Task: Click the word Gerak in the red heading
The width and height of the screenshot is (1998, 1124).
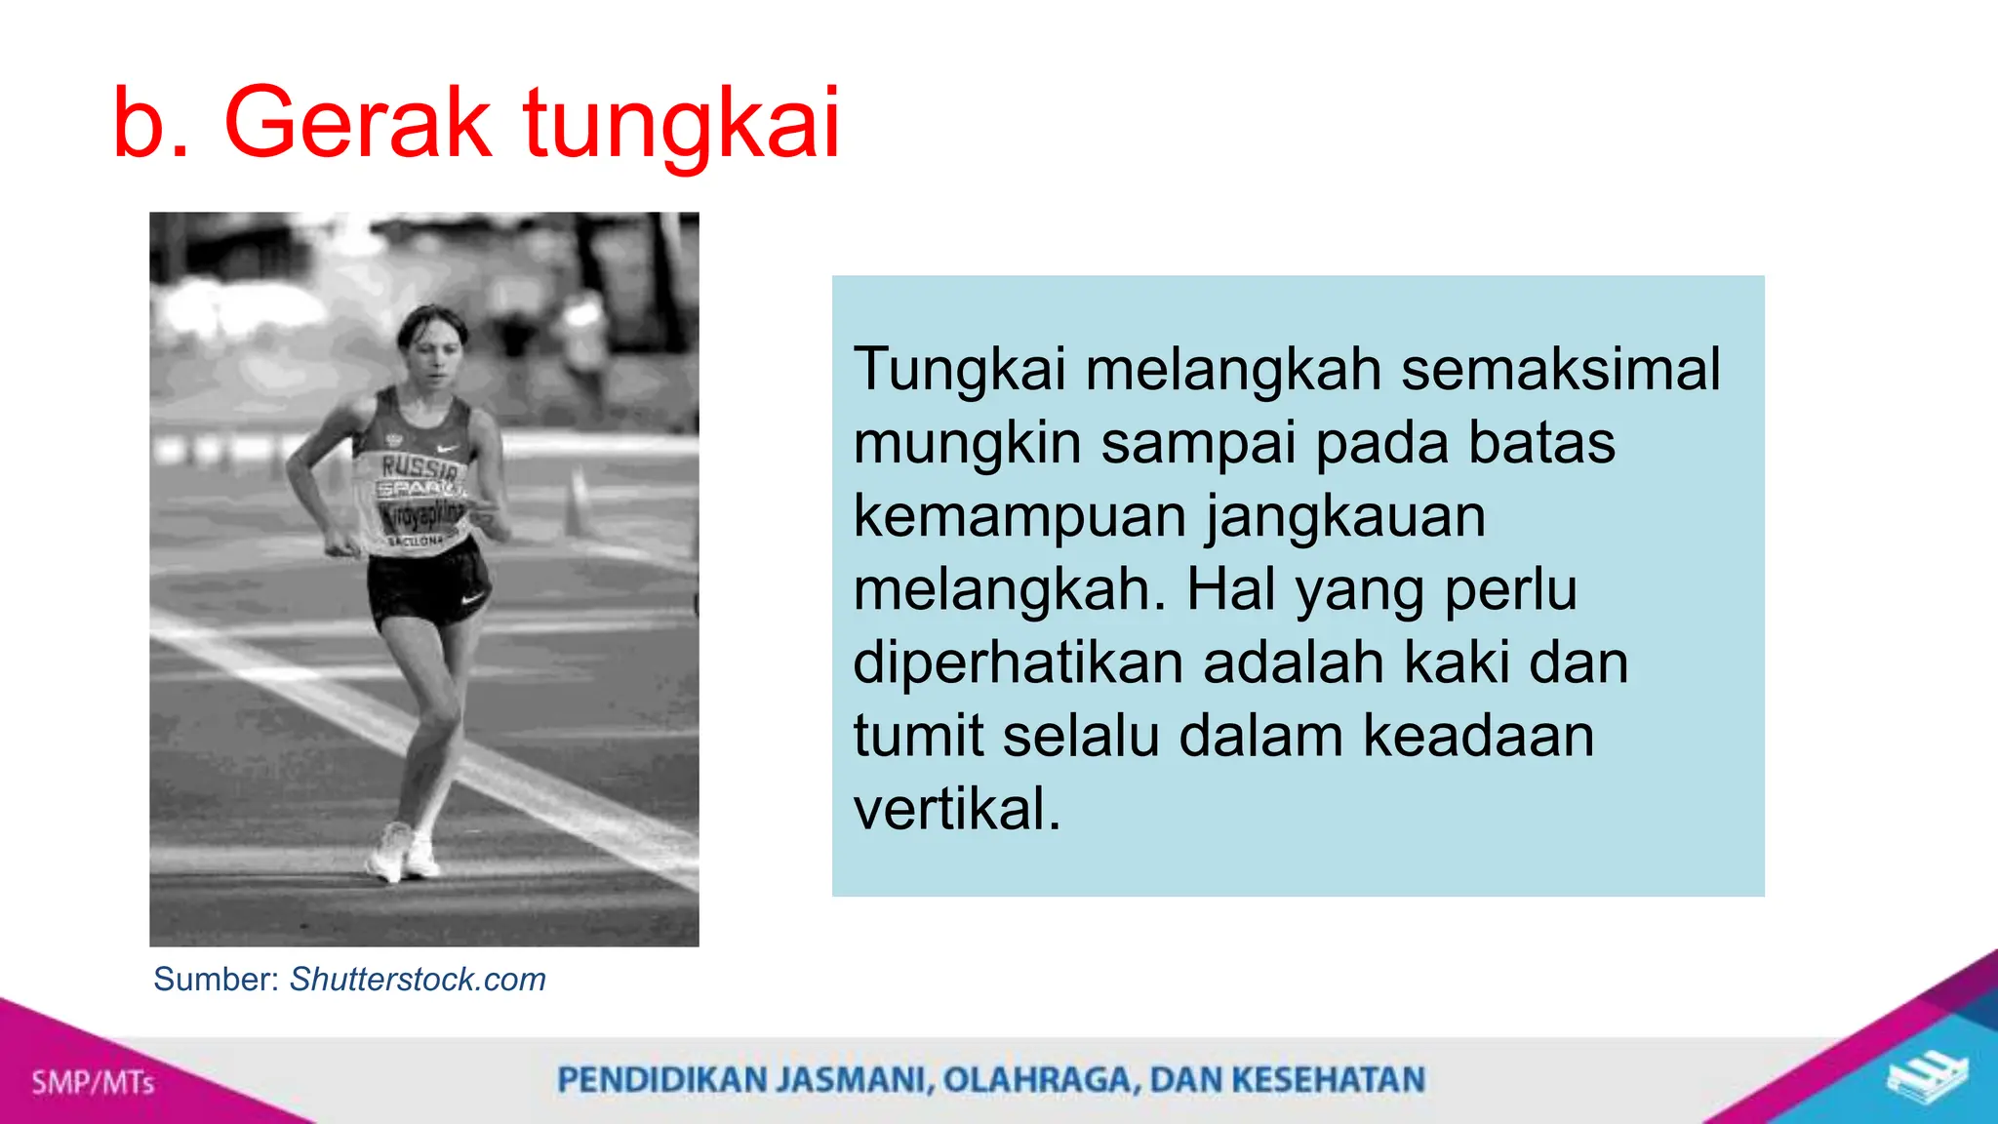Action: point(357,123)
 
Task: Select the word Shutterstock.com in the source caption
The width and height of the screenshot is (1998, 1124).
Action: point(418,979)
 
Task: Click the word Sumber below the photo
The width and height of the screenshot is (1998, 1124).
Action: point(217,979)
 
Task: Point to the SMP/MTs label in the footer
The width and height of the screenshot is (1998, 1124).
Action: point(93,1082)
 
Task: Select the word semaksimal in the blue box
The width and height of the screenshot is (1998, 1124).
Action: point(1560,370)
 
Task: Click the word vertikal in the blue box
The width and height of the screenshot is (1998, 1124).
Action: point(956,809)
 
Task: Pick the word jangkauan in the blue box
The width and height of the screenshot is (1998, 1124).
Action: point(1345,516)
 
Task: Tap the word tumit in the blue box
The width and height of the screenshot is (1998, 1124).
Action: point(918,736)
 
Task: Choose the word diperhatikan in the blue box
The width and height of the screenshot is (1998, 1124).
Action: point(1019,662)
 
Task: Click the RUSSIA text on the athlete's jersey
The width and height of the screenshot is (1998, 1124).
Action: point(420,466)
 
